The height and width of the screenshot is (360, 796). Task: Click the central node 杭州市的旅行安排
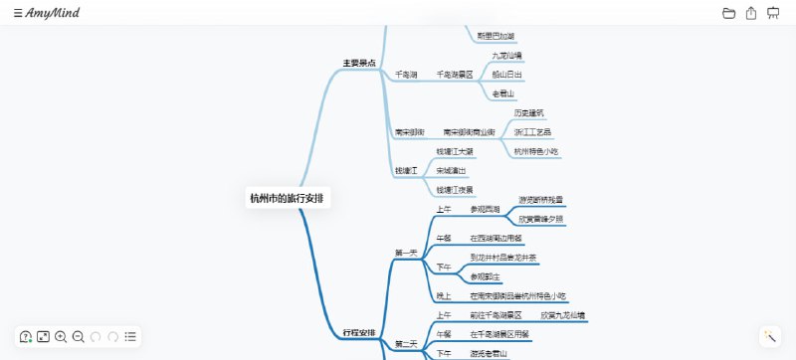[x=289, y=198]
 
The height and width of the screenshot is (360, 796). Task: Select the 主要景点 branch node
[x=359, y=64]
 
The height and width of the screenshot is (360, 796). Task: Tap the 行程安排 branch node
[x=359, y=331]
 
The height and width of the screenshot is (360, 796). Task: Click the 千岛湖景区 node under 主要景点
[x=455, y=75]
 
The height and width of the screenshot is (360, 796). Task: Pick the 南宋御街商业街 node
[x=469, y=132]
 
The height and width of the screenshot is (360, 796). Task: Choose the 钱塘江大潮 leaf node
[x=455, y=152]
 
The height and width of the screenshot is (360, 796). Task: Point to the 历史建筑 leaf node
[x=529, y=113]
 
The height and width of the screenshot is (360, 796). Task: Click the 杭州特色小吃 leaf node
[x=536, y=151]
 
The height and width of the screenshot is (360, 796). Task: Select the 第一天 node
[x=406, y=253]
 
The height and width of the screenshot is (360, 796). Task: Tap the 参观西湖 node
[x=485, y=209]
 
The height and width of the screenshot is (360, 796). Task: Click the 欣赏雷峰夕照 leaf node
[x=541, y=219]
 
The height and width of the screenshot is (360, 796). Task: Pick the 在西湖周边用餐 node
[x=497, y=238]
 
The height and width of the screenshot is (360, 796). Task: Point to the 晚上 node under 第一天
[x=444, y=296]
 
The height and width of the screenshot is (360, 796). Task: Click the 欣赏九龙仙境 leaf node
[x=563, y=315]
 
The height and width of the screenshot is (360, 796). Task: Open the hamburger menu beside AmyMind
[x=18, y=13]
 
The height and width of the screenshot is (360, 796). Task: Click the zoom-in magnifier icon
[x=61, y=337]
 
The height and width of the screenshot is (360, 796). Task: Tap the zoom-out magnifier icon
[x=79, y=337]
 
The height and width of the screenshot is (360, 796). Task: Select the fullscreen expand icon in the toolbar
[x=44, y=337]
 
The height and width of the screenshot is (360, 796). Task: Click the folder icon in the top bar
[x=728, y=13]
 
